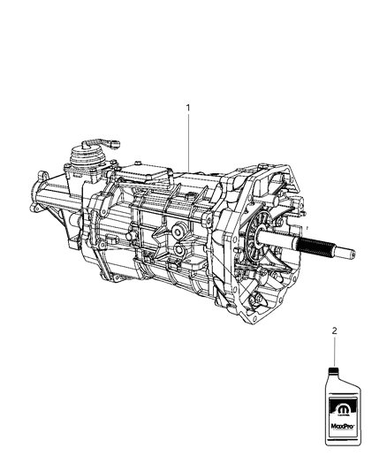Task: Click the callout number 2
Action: click(x=334, y=331)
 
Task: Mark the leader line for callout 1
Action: click(x=187, y=141)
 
